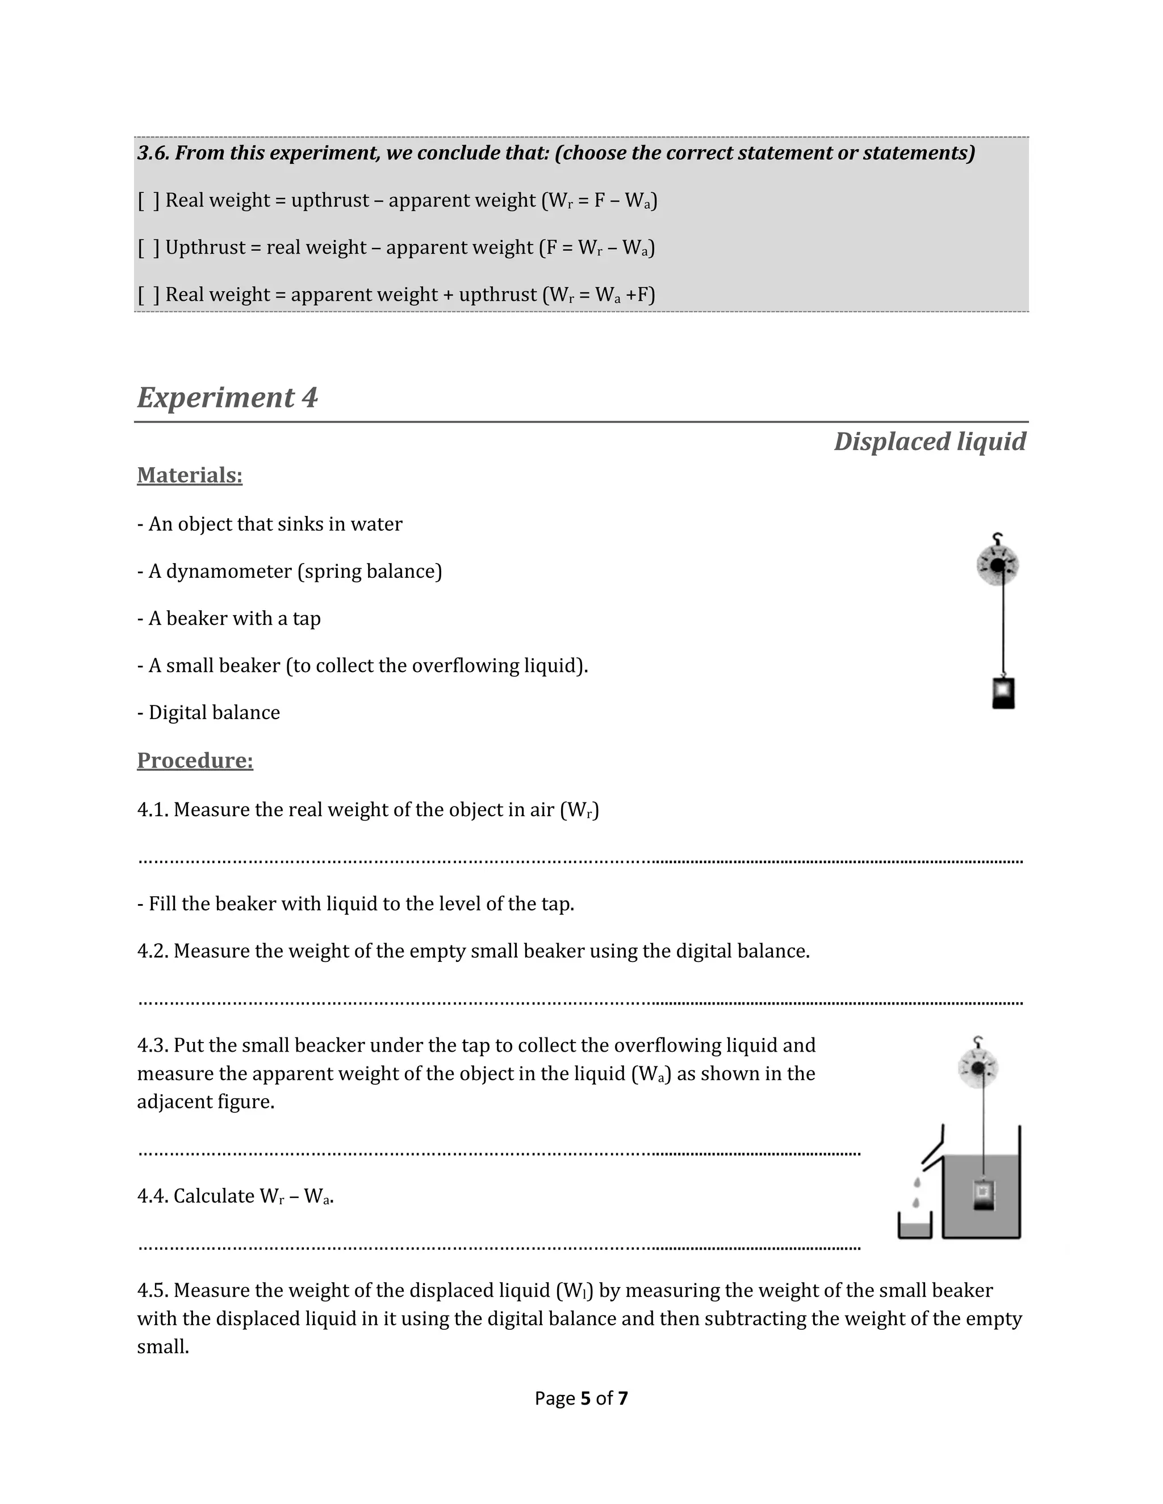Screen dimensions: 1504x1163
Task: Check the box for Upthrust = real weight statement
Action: point(148,247)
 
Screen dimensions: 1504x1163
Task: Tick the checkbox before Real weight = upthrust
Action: point(148,200)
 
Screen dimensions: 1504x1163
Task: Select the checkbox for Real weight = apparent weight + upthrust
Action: point(148,295)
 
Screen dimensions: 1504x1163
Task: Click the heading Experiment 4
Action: point(227,398)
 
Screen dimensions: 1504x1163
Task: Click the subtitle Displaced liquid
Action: point(930,442)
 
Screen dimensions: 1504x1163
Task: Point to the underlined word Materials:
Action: point(190,475)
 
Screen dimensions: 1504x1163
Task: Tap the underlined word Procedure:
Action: point(195,761)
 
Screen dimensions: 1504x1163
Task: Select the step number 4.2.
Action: point(152,951)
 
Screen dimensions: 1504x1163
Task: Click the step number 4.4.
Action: point(152,1196)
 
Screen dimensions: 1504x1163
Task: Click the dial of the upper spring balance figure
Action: point(998,565)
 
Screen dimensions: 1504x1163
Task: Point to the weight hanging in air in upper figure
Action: point(1003,693)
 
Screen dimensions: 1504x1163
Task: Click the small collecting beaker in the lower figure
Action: point(915,1226)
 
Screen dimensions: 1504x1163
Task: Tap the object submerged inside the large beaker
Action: point(983,1194)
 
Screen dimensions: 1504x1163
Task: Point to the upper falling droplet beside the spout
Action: point(917,1182)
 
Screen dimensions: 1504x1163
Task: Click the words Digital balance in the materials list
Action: point(214,713)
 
